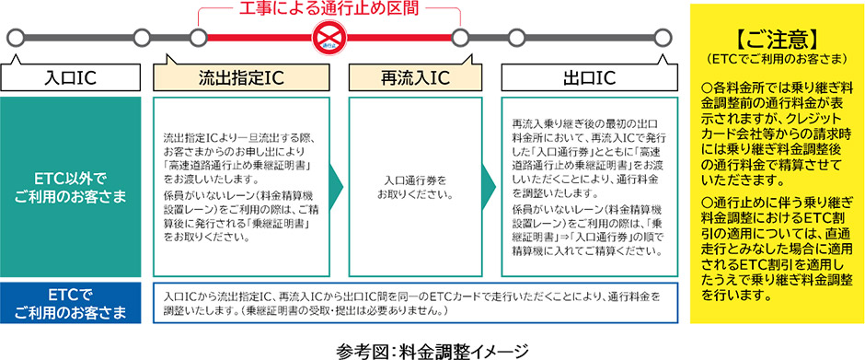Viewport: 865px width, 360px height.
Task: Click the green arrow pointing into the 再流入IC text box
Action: coord(337,182)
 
